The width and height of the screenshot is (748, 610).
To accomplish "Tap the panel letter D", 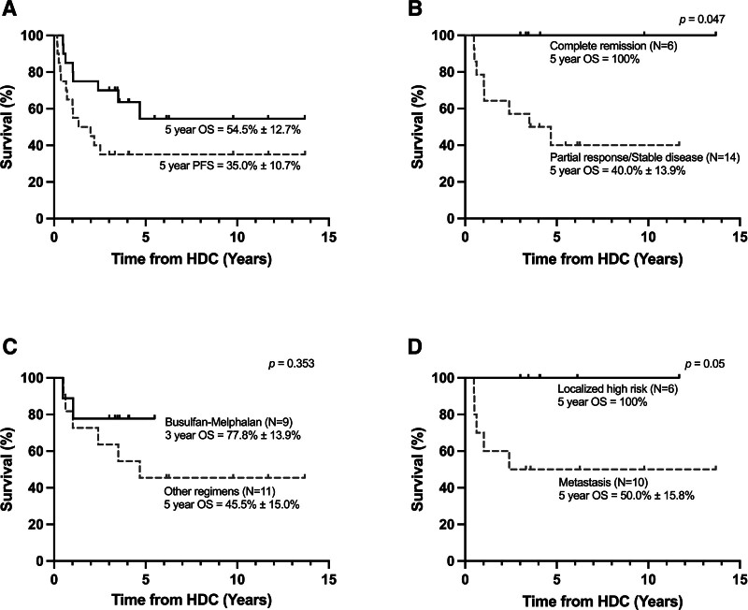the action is click(x=416, y=347).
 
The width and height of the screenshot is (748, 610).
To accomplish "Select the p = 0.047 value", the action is click(x=702, y=20).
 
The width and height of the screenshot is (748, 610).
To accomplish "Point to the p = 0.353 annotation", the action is click(x=292, y=364).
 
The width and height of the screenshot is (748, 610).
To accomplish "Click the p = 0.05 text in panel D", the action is click(x=705, y=364).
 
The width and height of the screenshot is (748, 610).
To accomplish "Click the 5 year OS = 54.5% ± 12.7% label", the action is click(x=233, y=129).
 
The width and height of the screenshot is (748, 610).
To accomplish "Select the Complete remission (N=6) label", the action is click(x=613, y=46).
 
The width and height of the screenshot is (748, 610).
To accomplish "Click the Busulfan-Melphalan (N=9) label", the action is click(x=228, y=422).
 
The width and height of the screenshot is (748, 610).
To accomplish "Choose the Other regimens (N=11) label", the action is click(x=220, y=491).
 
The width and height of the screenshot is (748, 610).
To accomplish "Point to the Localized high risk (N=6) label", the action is click(x=618, y=389).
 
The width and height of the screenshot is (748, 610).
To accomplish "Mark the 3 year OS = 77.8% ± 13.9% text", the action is click(x=233, y=435).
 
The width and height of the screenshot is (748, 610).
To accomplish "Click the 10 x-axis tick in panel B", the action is click(x=648, y=237).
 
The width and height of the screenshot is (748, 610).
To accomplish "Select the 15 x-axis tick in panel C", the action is click(x=329, y=579).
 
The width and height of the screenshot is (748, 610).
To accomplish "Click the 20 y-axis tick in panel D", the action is click(x=447, y=524).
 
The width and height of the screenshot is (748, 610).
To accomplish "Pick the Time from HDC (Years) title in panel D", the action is click(x=602, y=601).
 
